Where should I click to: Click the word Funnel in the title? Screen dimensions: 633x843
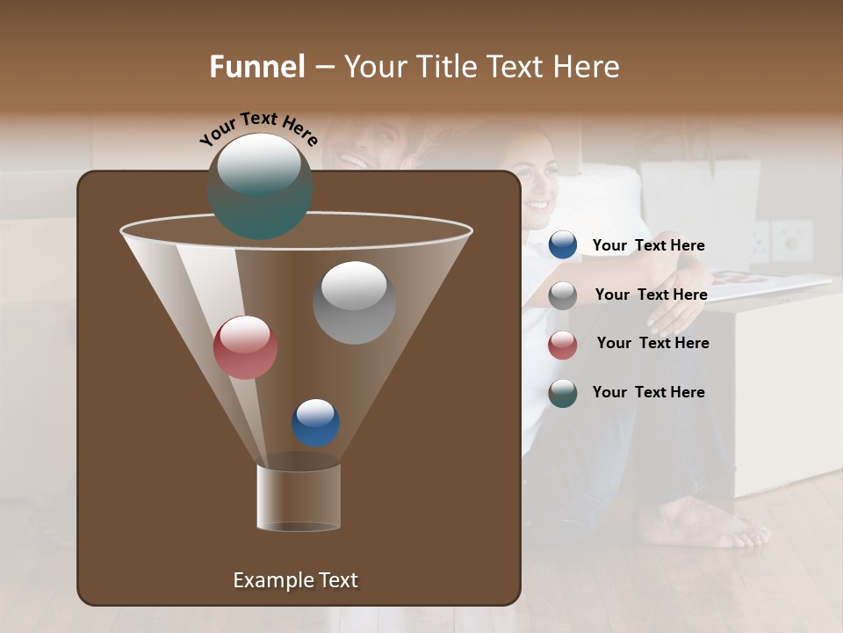click(256, 67)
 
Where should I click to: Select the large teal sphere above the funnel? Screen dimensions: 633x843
click(260, 186)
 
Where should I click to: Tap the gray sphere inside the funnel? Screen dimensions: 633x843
click(354, 302)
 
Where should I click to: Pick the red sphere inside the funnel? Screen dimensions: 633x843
click(245, 347)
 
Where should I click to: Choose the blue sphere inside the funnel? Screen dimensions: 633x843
click(315, 423)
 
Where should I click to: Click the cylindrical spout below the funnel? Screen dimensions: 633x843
click(299, 498)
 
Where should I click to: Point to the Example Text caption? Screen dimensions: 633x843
click(295, 580)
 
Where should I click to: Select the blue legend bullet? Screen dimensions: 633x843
click(563, 245)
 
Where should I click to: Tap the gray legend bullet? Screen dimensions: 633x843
click(563, 295)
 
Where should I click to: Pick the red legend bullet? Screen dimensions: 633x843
click(563, 345)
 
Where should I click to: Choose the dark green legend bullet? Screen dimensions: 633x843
click(563, 393)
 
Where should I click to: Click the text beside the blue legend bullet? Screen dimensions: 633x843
click(648, 246)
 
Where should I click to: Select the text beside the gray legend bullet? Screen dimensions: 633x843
click(651, 295)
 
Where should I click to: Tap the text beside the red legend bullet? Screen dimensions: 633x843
click(652, 344)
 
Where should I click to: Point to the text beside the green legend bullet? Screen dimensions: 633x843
click(648, 393)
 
